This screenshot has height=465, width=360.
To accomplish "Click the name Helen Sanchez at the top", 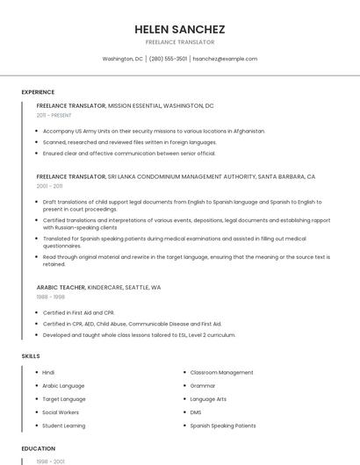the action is tap(180, 29).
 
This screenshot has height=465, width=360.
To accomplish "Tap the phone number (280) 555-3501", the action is tap(168, 59).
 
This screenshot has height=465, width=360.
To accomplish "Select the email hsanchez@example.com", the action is tap(225, 59).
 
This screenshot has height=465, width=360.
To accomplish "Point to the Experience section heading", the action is tap(38, 92).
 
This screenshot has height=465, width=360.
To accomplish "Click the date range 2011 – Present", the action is tap(54, 115).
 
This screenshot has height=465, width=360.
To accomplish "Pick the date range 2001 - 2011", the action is tap(50, 186).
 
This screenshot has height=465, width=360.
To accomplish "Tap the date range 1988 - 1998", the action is tap(51, 297).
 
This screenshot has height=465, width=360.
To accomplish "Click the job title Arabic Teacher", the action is tap(60, 287).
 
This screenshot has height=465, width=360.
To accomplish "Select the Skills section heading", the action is tap(31, 356).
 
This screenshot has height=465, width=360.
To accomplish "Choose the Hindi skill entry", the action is tap(48, 373).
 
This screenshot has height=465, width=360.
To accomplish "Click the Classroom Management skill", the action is tap(221, 373).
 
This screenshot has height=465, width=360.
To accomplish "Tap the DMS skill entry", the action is tap(196, 412).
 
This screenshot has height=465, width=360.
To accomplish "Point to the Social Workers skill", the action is tap(61, 412).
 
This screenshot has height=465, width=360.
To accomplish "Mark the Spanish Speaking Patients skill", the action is tap(223, 426).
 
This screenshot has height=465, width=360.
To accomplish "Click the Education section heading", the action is tap(38, 448).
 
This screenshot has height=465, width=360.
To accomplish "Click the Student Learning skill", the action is tap(63, 426).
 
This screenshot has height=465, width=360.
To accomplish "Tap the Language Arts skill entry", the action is tap(208, 399).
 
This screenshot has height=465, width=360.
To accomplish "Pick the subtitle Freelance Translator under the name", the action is tap(180, 42).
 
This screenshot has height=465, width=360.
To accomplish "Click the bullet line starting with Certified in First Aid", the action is tap(79, 313).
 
